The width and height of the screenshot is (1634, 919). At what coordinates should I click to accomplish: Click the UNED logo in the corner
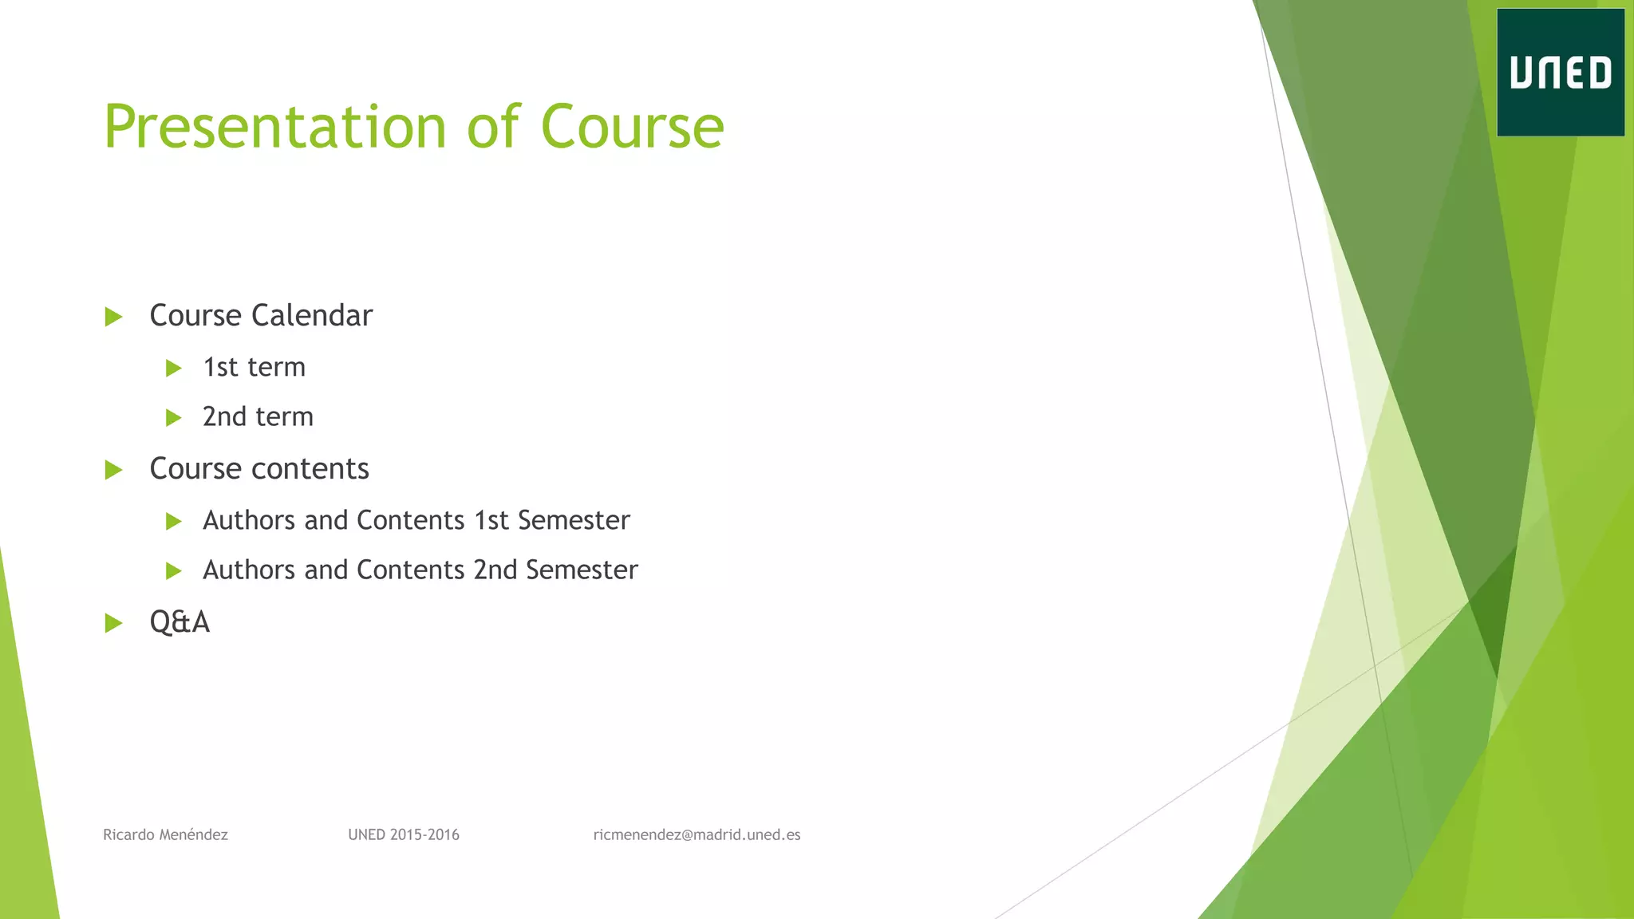[1560, 73]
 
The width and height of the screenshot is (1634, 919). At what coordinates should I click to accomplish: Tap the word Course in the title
[632, 128]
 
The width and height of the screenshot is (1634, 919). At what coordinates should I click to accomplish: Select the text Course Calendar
[261, 316]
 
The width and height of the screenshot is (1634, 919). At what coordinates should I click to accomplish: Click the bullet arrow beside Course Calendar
[114, 317]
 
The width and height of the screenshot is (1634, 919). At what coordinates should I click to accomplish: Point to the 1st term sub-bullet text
[254, 368]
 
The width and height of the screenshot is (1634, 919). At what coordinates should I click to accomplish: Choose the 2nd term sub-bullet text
[258, 417]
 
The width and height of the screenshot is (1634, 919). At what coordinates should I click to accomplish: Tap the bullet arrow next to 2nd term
[173, 418]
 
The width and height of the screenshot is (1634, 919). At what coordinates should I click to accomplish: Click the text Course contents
[259, 469]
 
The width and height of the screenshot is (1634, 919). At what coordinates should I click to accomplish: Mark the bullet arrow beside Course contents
[114, 470]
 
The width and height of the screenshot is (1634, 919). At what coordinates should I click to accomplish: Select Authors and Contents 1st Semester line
[416, 521]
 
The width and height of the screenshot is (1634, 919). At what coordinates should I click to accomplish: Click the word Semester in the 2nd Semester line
[582, 570]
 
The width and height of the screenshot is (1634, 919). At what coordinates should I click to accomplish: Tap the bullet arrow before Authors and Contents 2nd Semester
[173, 571]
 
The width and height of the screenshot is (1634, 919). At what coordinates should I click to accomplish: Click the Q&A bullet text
[180, 622]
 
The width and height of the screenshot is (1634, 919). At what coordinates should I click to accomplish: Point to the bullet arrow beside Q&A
[114, 623]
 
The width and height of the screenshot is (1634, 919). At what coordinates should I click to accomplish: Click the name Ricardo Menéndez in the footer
[165, 835]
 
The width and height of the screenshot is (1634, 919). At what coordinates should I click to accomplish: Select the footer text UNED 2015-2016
[404, 835]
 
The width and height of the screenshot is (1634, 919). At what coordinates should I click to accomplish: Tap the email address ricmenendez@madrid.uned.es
[697, 835]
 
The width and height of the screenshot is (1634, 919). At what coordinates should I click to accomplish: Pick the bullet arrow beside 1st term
[173, 369]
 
